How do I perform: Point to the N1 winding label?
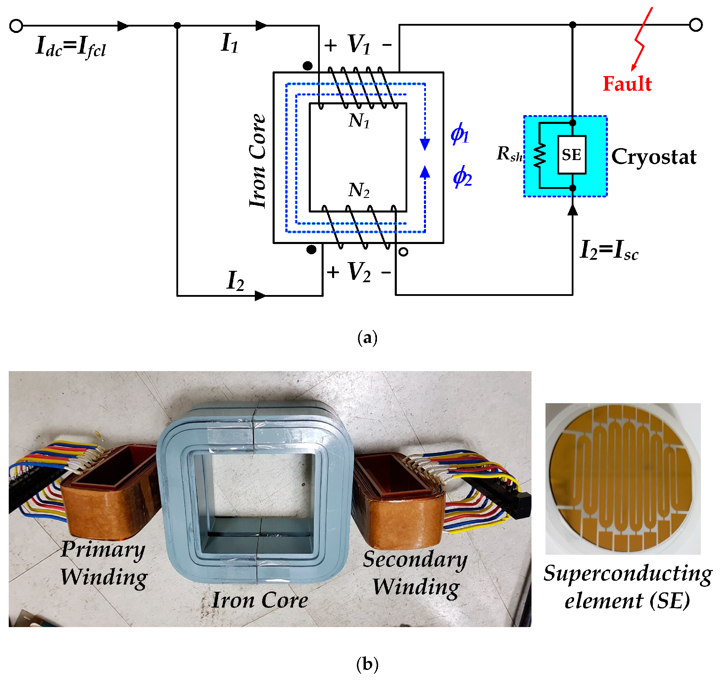click(359, 120)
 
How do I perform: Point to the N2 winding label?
click(359, 190)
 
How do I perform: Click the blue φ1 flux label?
click(459, 134)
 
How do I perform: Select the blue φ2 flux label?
click(462, 177)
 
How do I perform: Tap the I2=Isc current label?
click(609, 250)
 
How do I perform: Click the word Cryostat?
click(653, 157)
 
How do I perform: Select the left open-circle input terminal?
click(16, 26)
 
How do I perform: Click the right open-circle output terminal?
click(696, 25)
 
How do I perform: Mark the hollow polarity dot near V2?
click(403, 252)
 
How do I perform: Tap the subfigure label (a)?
click(367, 338)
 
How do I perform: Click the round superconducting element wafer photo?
click(623, 479)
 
